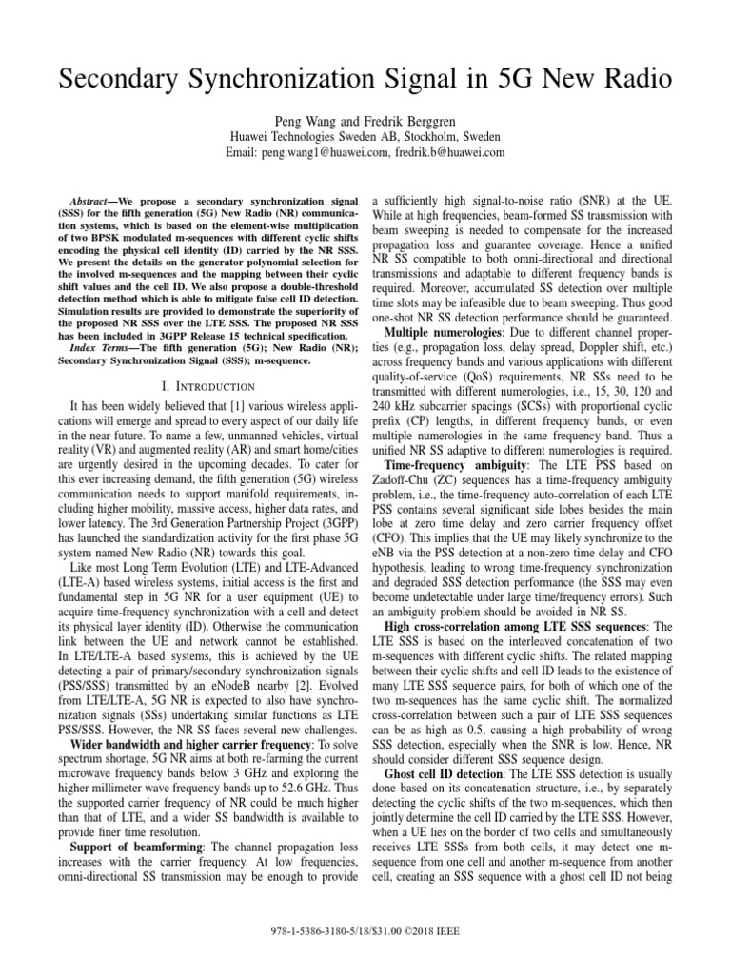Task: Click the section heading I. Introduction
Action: pyautogui.click(x=207, y=386)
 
